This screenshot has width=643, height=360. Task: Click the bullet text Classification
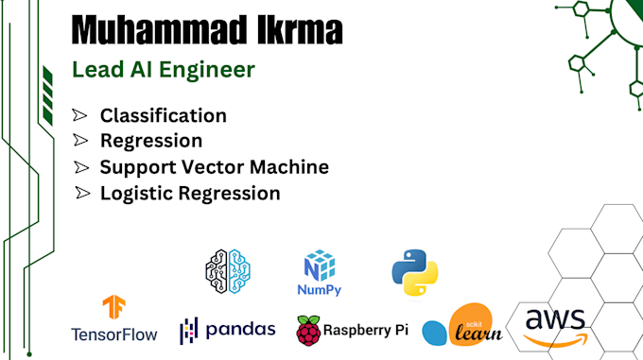[163, 116]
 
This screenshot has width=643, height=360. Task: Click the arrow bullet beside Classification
[80, 116]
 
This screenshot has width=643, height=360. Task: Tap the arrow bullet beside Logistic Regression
[80, 193]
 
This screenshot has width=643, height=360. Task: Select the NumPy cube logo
[320, 264]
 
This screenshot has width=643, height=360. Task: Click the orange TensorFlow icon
[114, 308]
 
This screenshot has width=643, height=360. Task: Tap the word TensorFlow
[114, 334]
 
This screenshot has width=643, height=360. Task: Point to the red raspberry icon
[308, 330]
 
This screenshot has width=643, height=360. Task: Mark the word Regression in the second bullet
[151, 142]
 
